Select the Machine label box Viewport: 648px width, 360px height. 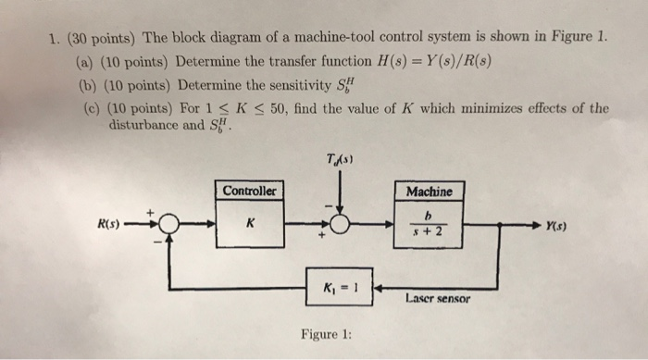(x=429, y=191)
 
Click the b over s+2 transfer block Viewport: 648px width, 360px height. (x=428, y=224)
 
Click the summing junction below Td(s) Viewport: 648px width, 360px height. (x=340, y=225)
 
